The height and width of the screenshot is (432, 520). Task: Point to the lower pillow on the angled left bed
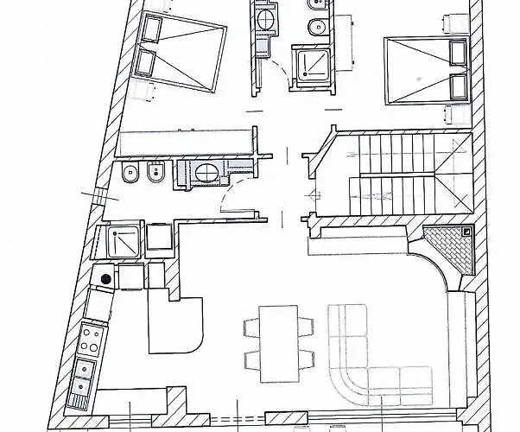pos(144,65)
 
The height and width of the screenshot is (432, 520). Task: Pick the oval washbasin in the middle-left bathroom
pos(207,173)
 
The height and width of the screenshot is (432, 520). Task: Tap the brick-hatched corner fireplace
pos(451,251)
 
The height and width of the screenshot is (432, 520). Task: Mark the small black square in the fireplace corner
pos(466,232)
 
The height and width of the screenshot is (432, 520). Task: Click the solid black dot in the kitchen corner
pos(105,278)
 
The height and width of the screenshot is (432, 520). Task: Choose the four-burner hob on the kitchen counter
pos(88,342)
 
